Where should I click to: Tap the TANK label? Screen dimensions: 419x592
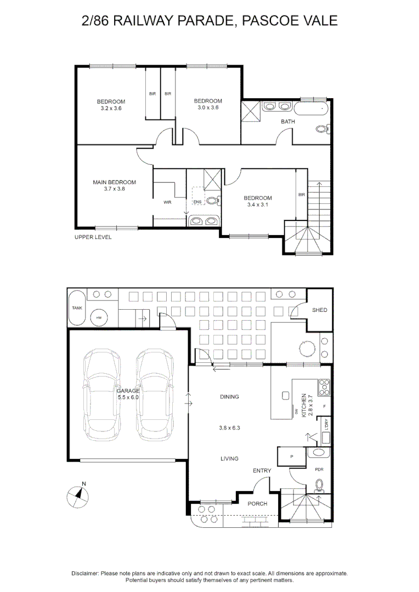tap(77, 308)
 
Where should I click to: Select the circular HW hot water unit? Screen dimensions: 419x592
tap(99, 318)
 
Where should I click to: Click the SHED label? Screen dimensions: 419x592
tap(320, 310)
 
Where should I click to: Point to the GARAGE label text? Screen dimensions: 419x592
tap(128, 391)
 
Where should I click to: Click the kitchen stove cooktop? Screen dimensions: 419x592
tap(324, 387)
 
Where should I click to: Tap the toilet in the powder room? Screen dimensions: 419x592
tap(319, 486)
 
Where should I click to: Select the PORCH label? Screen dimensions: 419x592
tap(257, 504)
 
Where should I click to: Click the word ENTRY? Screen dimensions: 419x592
tap(262, 471)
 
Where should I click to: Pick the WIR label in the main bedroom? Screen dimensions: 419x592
tap(167, 202)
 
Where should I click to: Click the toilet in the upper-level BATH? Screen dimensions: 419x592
tap(322, 129)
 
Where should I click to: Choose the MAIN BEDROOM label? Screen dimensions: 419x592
tap(115, 183)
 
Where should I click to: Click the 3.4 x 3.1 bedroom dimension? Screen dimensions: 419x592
tap(258, 204)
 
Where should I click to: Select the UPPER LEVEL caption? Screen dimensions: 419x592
tap(93, 237)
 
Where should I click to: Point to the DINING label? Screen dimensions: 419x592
tap(229, 397)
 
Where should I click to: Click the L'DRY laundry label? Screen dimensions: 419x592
tap(326, 425)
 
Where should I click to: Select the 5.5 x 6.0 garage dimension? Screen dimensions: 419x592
tap(128, 397)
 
